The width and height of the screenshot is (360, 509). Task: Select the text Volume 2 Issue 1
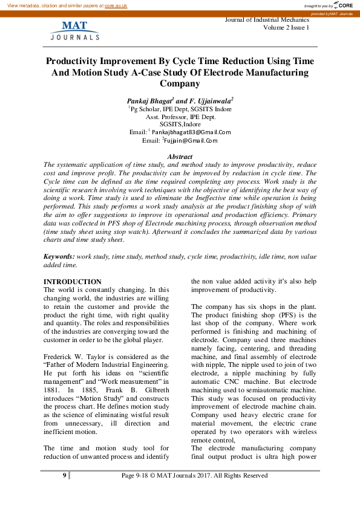point(286,28)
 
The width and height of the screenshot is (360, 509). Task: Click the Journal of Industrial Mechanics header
point(267,20)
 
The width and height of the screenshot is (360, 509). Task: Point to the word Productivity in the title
point(77,62)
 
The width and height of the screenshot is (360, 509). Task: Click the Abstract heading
point(180,157)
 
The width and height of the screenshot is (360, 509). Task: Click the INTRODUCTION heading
point(73,282)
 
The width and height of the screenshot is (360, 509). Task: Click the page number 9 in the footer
point(64,476)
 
